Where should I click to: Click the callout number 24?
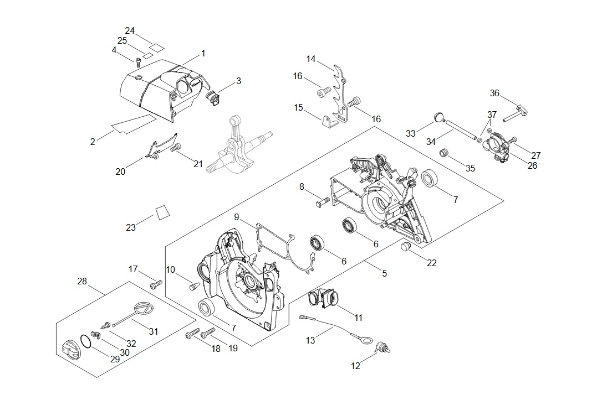pos(130,30)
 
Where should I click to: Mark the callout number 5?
pos(384,273)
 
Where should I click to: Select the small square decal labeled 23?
pos(162,212)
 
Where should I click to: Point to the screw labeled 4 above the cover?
pos(138,60)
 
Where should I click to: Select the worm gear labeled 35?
pos(443,153)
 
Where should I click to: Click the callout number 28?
pos(82,282)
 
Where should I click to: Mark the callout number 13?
pos(310,341)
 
